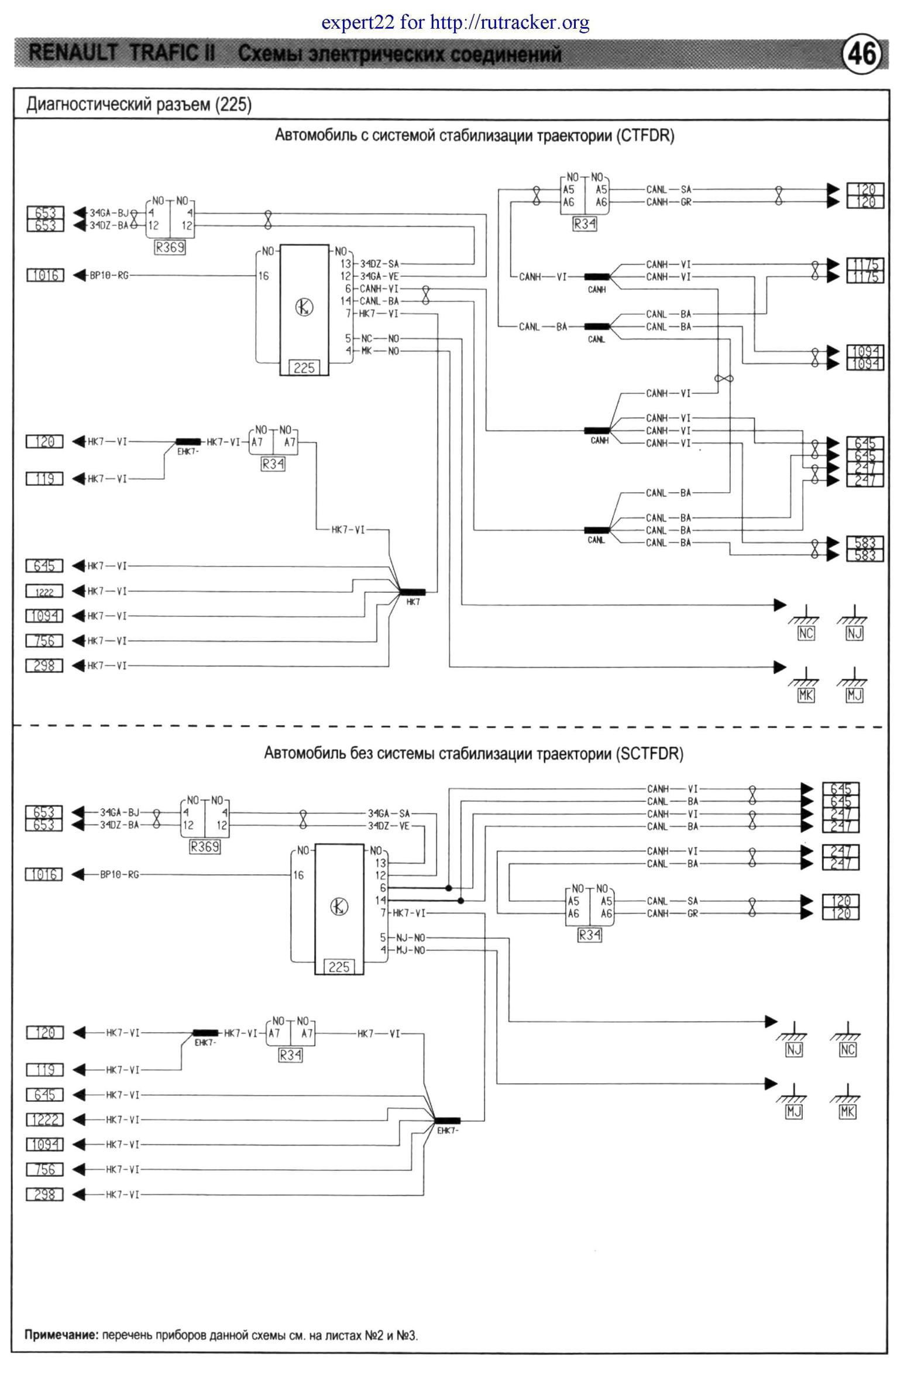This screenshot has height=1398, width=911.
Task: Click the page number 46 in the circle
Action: pos(862,54)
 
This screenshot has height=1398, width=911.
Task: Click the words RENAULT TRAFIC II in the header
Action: pos(122,53)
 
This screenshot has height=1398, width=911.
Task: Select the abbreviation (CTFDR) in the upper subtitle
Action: pos(645,136)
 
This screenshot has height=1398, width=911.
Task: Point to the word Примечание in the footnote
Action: pos(60,1335)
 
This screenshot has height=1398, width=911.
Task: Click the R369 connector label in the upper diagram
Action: pos(170,248)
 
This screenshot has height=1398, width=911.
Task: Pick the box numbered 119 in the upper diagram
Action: pos(44,479)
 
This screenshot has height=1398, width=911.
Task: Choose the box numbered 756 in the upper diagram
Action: pos(44,641)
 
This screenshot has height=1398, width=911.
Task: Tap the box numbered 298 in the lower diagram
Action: pos(44,1194)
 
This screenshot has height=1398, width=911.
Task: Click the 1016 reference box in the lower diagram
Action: pos(44,875)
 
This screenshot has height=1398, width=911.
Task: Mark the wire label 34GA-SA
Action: pos(389,813)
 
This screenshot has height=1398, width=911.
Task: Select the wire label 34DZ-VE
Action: pos(389,826)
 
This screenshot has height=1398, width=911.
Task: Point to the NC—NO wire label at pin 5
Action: pos(380,338)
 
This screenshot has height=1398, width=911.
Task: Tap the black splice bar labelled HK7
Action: pos(412,592)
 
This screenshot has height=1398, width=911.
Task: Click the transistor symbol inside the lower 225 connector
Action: pos(339,907)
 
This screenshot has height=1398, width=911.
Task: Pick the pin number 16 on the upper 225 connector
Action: pos(264,276)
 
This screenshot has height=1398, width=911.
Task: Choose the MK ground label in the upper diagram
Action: pos(806,695)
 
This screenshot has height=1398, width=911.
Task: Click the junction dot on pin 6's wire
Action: pos(449,888)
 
